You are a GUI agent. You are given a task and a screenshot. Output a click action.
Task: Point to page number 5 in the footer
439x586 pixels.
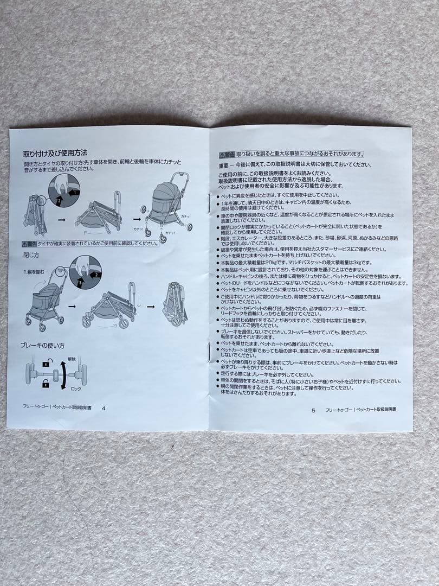(313, 410)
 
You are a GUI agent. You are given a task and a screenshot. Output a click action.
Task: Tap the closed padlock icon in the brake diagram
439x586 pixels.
(46, 384)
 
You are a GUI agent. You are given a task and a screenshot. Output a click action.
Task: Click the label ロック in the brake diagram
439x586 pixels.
(76, 390)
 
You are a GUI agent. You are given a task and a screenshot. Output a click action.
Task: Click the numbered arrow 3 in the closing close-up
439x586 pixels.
(79, 282)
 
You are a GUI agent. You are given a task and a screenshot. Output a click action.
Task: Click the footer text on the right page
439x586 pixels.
(360, 410)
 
